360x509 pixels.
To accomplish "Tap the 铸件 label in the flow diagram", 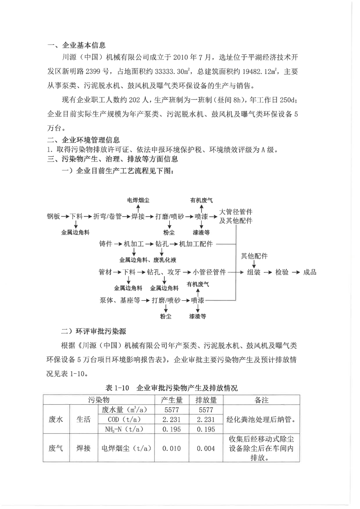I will click(x=105, y=244).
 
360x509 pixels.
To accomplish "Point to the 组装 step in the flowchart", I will click(x=253, y=272).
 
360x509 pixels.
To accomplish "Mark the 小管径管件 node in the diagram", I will click(x=209, y=272).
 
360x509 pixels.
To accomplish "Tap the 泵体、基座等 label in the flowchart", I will click(x=119, y=300).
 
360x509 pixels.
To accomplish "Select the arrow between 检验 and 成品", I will click(x=296, y=272).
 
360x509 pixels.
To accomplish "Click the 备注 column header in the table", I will click(x=261, y=400).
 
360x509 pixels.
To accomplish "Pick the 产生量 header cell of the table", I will click(x=172, y=400).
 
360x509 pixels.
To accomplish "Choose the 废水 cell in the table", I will click(x=55, y=419).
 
